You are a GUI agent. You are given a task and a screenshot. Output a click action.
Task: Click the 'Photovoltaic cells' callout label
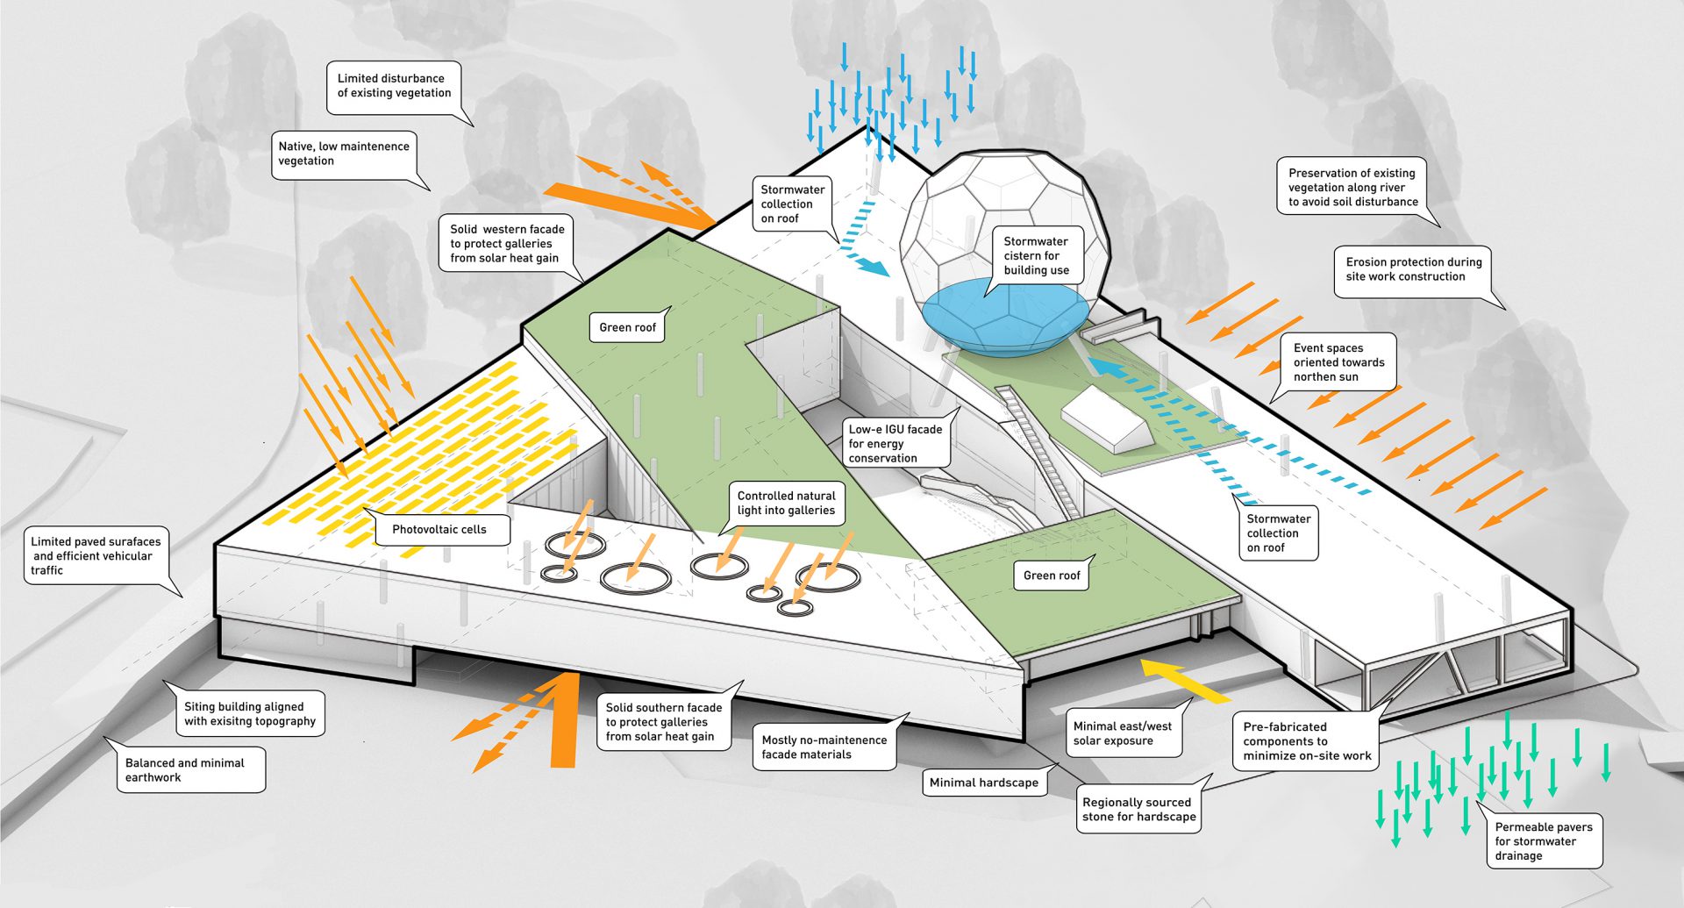[439, 530]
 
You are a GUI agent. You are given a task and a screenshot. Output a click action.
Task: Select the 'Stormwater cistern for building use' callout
[1036, 255]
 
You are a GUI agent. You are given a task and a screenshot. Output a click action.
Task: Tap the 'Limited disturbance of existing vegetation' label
[394, 86]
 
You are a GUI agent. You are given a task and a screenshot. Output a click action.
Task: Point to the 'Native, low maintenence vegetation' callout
[343, 154]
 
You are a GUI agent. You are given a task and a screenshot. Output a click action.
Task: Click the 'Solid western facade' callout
[506, 243]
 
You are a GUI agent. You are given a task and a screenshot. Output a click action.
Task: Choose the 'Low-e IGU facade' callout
[895, 443]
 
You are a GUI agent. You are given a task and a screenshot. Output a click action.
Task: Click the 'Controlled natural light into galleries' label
[786, 503]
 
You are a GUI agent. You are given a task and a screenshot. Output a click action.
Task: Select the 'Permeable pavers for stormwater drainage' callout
[1543, 841]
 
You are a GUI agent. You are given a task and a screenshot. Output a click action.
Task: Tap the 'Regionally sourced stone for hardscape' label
[1138, 809]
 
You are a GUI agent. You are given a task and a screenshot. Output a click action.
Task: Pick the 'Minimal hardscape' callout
[983, 783]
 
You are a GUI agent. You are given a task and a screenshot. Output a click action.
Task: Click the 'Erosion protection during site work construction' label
[1413, 269]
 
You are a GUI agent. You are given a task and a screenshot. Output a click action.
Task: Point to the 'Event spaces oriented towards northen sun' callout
[1338, 362]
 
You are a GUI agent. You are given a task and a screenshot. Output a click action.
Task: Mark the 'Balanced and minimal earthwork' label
[185, 769]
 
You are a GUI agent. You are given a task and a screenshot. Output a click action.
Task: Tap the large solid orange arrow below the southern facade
[563, 719]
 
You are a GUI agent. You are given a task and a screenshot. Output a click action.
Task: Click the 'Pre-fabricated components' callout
[1306, 741]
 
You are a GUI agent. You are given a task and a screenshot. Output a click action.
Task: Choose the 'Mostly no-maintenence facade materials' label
[824, 747]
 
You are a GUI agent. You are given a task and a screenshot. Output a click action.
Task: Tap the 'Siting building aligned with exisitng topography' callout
[249, 713]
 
